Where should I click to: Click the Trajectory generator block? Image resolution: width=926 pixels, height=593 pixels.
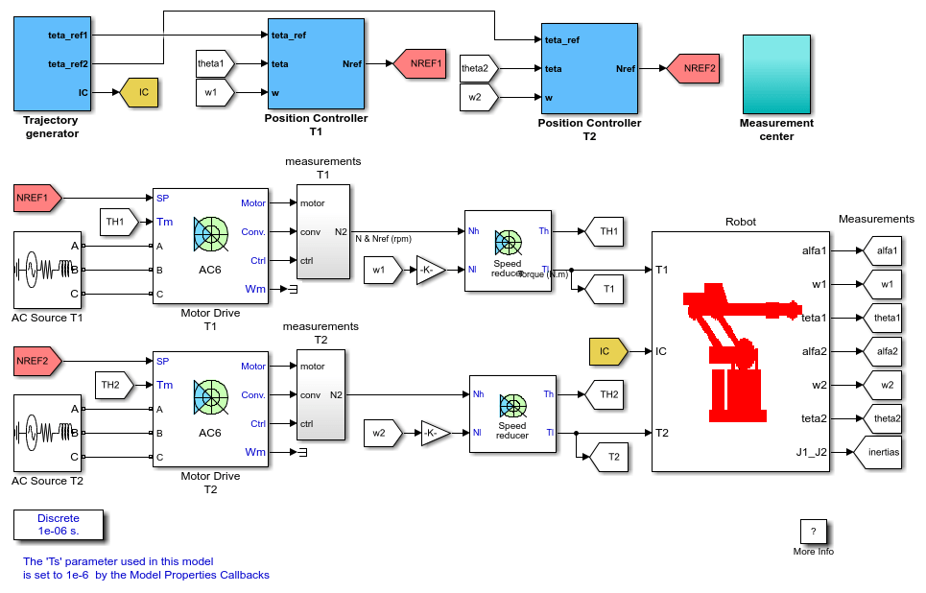click(52, 63)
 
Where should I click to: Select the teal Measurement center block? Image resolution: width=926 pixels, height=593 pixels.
click(776, 74)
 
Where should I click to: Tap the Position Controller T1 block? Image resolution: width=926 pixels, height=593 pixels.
click(316, 63)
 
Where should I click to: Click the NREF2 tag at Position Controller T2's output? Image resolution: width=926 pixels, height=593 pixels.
click(694, 68)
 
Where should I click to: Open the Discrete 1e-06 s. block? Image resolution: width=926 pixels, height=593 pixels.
click(59, 525)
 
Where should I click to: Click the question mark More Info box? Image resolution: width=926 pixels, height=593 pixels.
click(813, 532)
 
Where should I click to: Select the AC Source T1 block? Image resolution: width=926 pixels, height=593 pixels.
click(47, 270)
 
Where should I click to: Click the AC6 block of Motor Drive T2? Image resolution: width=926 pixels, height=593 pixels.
click(210, 410)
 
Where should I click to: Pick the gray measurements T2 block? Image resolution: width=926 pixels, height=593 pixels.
click(321, 394)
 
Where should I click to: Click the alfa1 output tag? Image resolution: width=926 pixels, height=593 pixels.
click(882, 250)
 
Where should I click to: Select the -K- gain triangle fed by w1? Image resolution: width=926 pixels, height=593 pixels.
click(431, 270)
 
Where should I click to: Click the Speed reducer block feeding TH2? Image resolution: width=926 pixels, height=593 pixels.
click(512, 414)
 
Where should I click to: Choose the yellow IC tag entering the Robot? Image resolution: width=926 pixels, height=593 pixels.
click(608, 351)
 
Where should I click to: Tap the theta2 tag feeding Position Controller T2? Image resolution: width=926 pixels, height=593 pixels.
click(479, 68)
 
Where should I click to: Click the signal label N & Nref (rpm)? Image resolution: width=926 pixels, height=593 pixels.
click(383, 239)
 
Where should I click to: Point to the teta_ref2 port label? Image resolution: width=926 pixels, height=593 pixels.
click(68, 63)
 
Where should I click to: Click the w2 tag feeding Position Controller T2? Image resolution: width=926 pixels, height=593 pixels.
click(479, 97)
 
